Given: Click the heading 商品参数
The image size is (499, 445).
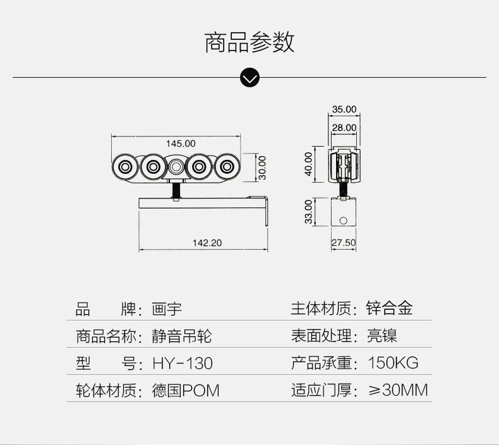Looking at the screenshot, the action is (x=249, y=42).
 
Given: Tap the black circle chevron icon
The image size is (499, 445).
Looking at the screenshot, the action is (x=250, y=78).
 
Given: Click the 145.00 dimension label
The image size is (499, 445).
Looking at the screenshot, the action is (x=181, y=143).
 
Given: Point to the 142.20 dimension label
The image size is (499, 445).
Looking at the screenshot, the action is (x=207, y=243).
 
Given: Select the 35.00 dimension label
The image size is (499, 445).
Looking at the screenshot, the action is (x=344, y=109).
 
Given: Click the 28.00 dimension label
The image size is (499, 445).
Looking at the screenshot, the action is (x=344, y=128).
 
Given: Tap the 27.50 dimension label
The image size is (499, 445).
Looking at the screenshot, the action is (x=344, y=243).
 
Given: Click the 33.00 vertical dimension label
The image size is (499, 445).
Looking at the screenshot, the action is (x=309, y=211).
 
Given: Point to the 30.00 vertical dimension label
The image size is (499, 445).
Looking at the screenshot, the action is (x=262, y=167).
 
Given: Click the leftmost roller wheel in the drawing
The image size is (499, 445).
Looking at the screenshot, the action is (x=124, y=168).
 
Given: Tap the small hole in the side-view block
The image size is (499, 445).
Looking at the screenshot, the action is (x=343, y=221).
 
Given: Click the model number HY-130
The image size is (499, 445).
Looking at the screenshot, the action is (x=183, y=363).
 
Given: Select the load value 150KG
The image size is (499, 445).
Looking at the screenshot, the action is (x=393, y=363).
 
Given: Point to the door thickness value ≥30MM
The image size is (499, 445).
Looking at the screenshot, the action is (x=398, y=390).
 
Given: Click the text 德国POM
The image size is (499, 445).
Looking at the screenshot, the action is (x=186, y=391).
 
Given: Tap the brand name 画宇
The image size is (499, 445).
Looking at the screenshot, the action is (x=167, y=309).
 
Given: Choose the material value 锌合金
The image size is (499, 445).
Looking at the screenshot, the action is (x=390, y=308).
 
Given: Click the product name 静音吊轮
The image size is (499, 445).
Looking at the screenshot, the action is (x=182, y=336).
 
